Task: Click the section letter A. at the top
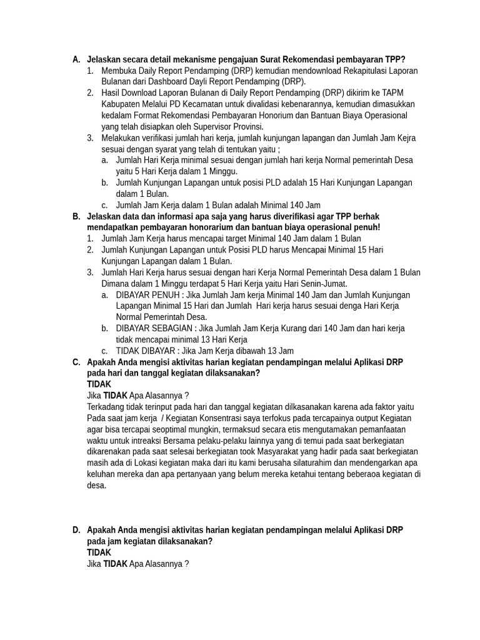[x=76, y=59]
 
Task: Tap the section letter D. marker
[x=76, y=530]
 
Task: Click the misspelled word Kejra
[x=404, y=138]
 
